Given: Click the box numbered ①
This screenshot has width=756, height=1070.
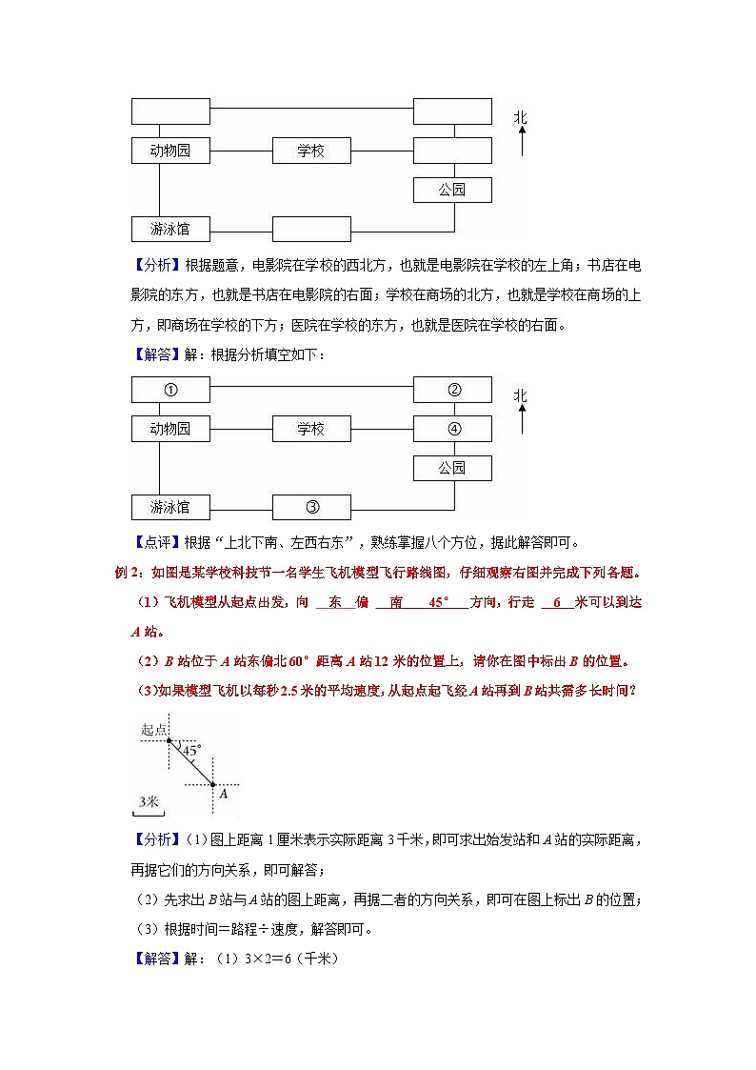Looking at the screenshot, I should click(169, 390).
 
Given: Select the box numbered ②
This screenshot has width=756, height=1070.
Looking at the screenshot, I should click(453, 390).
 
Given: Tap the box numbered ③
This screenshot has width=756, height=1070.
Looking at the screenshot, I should click(311, 507).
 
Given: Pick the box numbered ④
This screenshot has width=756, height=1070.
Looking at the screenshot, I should click(453, 429).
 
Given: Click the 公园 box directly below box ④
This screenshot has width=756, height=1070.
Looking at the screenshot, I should click(452, 468).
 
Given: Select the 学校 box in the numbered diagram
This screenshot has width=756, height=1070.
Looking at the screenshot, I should click(311, 429).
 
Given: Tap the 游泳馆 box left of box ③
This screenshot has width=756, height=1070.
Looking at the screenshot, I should click(169, 507).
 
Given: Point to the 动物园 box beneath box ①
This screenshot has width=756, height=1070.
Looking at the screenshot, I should click(169, 429).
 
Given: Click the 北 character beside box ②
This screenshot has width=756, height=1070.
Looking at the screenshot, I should click(520, 395).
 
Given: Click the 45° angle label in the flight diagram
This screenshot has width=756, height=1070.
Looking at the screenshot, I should click(190, 750).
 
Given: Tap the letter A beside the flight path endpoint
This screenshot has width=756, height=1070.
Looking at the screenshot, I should click(223, 793).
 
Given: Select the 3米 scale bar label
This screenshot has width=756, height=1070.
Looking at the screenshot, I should click(148, 802).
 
